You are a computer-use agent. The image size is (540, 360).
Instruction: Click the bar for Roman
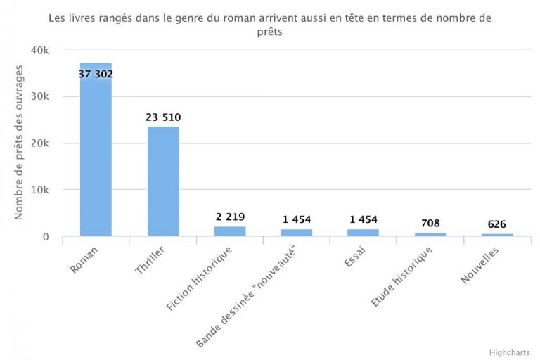(96, 155)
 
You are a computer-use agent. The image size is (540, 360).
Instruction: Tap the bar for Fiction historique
(230, 231)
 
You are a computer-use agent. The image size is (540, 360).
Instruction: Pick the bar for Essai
(364, 233)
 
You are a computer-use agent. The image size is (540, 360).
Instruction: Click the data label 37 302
(96, 74)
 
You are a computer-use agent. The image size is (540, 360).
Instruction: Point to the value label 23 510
(163, 117)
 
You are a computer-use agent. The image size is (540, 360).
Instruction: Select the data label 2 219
(231, 217)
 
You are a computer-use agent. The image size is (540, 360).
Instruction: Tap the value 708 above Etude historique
(430, 223)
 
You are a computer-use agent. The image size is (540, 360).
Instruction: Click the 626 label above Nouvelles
(497, 224)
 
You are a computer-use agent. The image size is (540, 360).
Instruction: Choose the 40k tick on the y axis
(39, 51)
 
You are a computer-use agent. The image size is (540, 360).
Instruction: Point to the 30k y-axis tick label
(39, 97)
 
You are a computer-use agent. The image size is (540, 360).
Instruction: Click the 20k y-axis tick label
(39, 143)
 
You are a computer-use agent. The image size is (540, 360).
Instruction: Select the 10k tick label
(39, 190)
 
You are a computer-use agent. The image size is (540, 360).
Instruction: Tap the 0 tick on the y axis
(45, 237)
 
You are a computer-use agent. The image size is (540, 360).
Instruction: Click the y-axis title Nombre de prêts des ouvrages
(20, 142)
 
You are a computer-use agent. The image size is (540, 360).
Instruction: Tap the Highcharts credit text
(509, 352)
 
